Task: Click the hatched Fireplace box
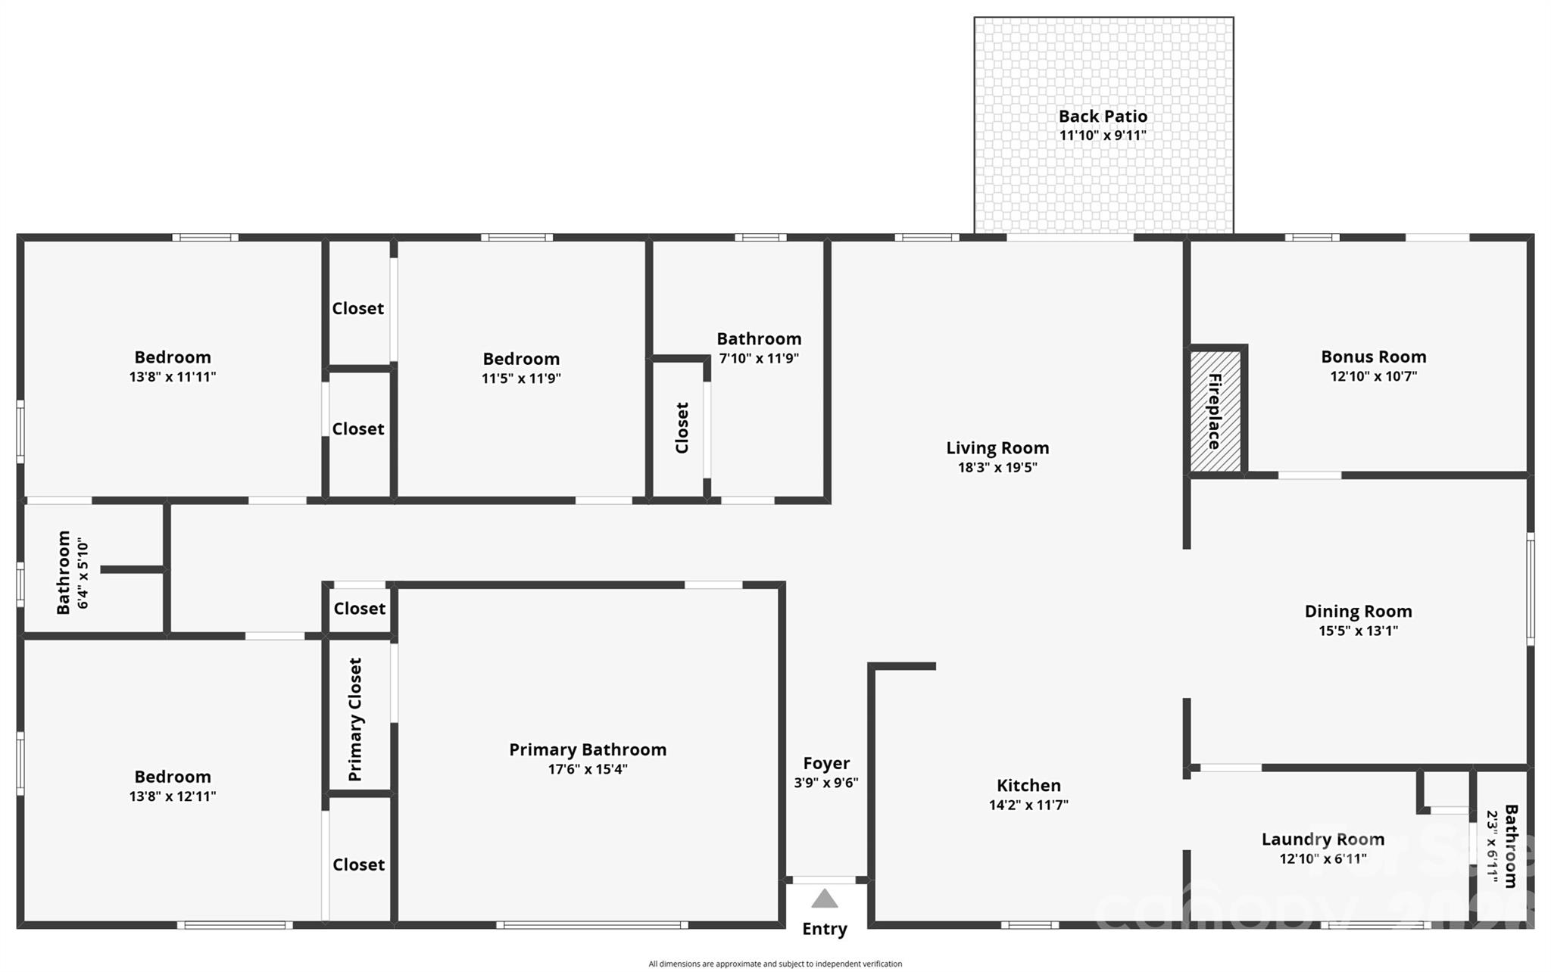[1215, 411]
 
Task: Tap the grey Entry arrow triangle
[824, 899]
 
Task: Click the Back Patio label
[1103, 116]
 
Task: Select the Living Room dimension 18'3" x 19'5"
[997, 467]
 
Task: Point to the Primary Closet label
[355, 719]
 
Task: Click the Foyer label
[826, 763]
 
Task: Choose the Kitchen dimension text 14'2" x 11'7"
[1028, 805]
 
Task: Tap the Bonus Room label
[1373, 357]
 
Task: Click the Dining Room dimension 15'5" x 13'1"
[1358, 631]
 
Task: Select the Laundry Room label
[1322, 839]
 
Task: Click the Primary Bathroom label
[588, 749]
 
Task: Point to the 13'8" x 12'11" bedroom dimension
[173, 796]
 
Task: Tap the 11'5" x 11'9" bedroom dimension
[521, 378]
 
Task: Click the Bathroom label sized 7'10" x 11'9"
[759, 338]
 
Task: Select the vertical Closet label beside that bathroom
[682, 428]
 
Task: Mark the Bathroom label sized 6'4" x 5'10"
[64, 572]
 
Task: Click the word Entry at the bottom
[824, 929]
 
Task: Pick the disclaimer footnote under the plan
[775, 964]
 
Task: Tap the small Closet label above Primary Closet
[359, 608]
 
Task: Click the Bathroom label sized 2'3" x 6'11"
[1510, 846]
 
